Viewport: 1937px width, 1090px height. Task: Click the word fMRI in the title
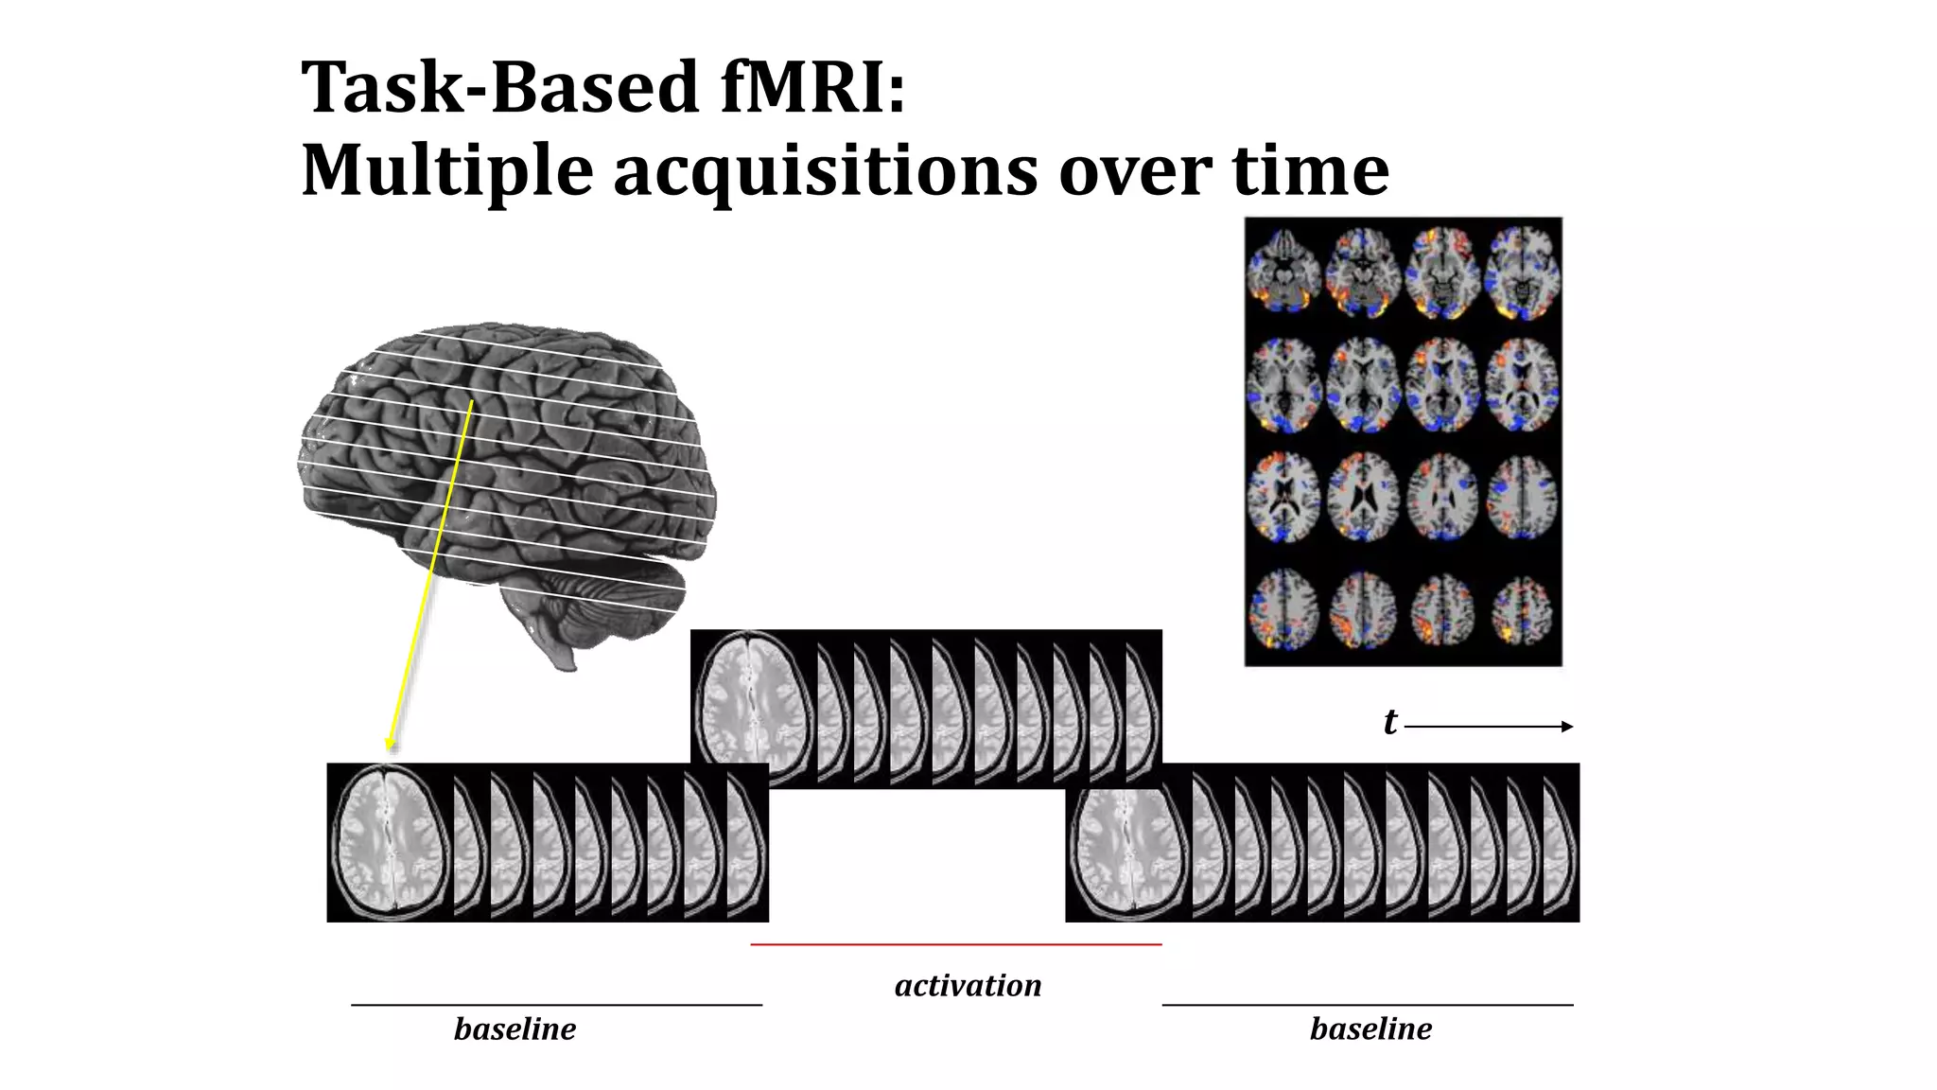(x=811, y=87)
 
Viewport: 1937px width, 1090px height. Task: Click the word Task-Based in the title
(x=499, y=87)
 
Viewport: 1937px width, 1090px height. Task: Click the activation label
(x=968, y=985)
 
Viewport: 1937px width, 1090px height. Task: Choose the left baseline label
(x=515, y=1028)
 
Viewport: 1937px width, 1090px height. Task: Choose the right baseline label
(x=1370, y=1028)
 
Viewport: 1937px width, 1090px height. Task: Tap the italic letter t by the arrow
(x=1389, y=722)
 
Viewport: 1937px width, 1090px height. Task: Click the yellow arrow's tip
(x=389, y=748)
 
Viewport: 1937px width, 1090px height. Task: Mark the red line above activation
(x=955, y=944)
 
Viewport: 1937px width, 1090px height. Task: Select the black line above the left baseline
(x=556, y=1005)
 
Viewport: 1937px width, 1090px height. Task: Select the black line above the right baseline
(x=1367, y=1005)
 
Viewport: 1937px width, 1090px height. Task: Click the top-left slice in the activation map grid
(x=1283, y=271)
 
